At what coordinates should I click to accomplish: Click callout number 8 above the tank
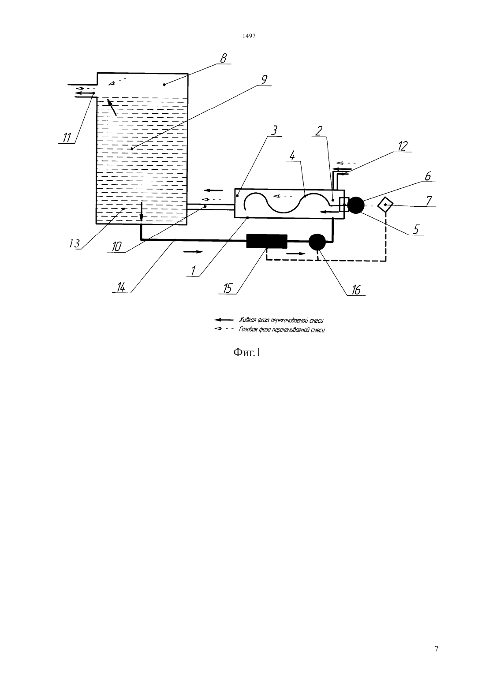click(x=224, y=58)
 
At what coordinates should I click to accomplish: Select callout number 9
click(x=264, y=80)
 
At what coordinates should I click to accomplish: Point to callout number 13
click(x=75, y=244)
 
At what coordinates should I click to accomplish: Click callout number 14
click(x=121, y=287)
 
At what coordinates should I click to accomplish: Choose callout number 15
click(x=228, y=288)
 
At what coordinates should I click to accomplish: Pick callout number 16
click(x=356, y=290)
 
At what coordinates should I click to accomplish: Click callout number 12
click(x=403, y=146)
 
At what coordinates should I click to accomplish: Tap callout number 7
click(x=429, y=201)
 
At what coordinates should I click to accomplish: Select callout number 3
click(x=274, y=130)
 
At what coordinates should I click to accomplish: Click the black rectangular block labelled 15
click(x=267, y=241)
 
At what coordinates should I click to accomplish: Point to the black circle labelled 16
click(x=317, y=242)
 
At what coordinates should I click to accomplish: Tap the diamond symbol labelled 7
click(x=385, y=205)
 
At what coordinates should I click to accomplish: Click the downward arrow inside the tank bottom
click(x=142, y=211)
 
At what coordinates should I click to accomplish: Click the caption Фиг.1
click(x=247, y=353)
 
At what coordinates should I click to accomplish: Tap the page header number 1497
click(x=249, y=36)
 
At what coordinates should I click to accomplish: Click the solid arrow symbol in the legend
click(x=224, y=320)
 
